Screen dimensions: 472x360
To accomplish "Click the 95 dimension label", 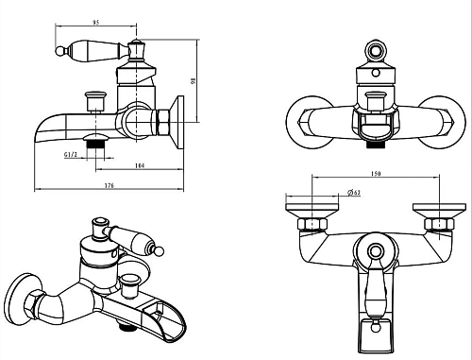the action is tap(96, 23).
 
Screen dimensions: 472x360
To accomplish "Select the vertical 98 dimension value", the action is tap(194, 80).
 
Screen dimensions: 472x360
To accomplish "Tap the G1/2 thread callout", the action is tap(71, 154).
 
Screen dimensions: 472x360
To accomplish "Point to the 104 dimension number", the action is tap(140, 165).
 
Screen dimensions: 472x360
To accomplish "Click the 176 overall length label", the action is tap(109, 185).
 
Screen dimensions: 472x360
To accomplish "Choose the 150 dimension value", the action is tap(376, 174).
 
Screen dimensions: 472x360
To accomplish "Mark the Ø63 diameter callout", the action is tap(354, 193).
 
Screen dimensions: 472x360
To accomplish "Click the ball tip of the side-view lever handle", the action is tap(59, 51).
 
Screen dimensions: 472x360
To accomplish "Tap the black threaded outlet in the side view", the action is tap(95, 144).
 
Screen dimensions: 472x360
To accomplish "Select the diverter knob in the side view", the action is tap(95, 101).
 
